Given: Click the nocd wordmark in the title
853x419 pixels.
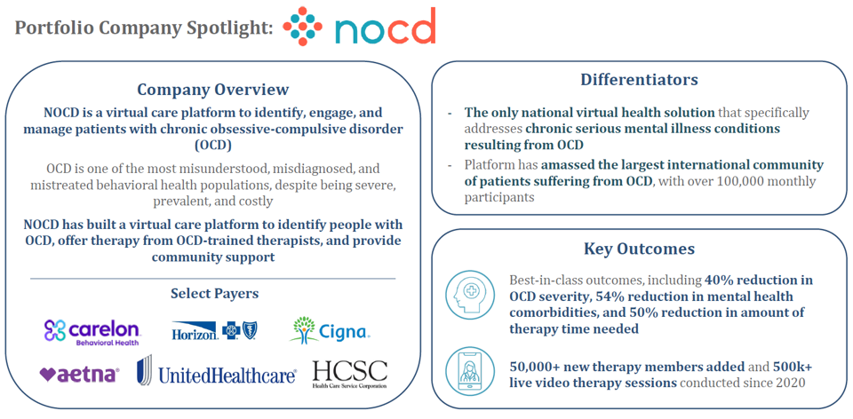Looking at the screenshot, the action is point(385,26).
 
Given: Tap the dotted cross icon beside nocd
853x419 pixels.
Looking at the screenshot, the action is point(302,26).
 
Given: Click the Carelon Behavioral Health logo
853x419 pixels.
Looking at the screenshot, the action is point(93,332).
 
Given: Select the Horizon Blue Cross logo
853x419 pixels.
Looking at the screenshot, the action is point(214,330).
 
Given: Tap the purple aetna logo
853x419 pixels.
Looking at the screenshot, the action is point(79,375).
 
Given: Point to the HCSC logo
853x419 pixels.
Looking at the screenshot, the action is point(350,374).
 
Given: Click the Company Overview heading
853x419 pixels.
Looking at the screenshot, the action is point(212,89).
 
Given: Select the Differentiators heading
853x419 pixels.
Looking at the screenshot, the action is point(639,79).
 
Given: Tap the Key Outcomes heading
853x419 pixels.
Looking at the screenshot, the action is point(639,249).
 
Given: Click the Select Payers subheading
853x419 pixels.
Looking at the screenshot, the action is point(214,294).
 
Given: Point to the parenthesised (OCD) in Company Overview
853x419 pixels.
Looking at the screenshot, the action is point(212,146).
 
